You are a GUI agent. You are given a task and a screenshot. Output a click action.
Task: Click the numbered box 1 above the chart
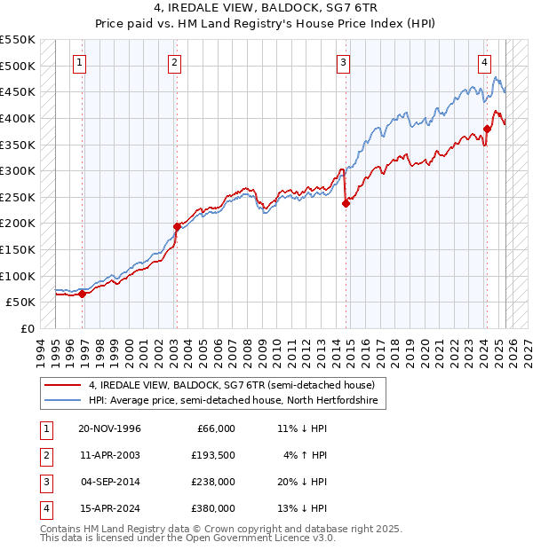coord(80,62)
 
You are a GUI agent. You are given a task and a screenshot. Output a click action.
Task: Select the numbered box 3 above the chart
coord(343,62)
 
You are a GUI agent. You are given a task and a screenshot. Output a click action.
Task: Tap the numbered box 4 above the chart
coord(484,62)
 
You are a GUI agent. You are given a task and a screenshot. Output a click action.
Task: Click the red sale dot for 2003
coord(177,226)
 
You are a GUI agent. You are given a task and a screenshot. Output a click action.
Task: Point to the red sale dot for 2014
coord(346,203)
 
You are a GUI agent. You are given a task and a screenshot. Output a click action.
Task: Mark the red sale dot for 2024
coord(487,129)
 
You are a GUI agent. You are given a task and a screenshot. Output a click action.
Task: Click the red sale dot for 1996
coord(83,294)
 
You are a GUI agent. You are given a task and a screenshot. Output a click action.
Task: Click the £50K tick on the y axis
coord(21,302)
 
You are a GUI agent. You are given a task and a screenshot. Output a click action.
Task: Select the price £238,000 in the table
coord(213,483)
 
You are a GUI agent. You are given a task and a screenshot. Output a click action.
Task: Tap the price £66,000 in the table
coord(216,428)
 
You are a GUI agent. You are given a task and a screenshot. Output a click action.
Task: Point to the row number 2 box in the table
coord(44,456)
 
